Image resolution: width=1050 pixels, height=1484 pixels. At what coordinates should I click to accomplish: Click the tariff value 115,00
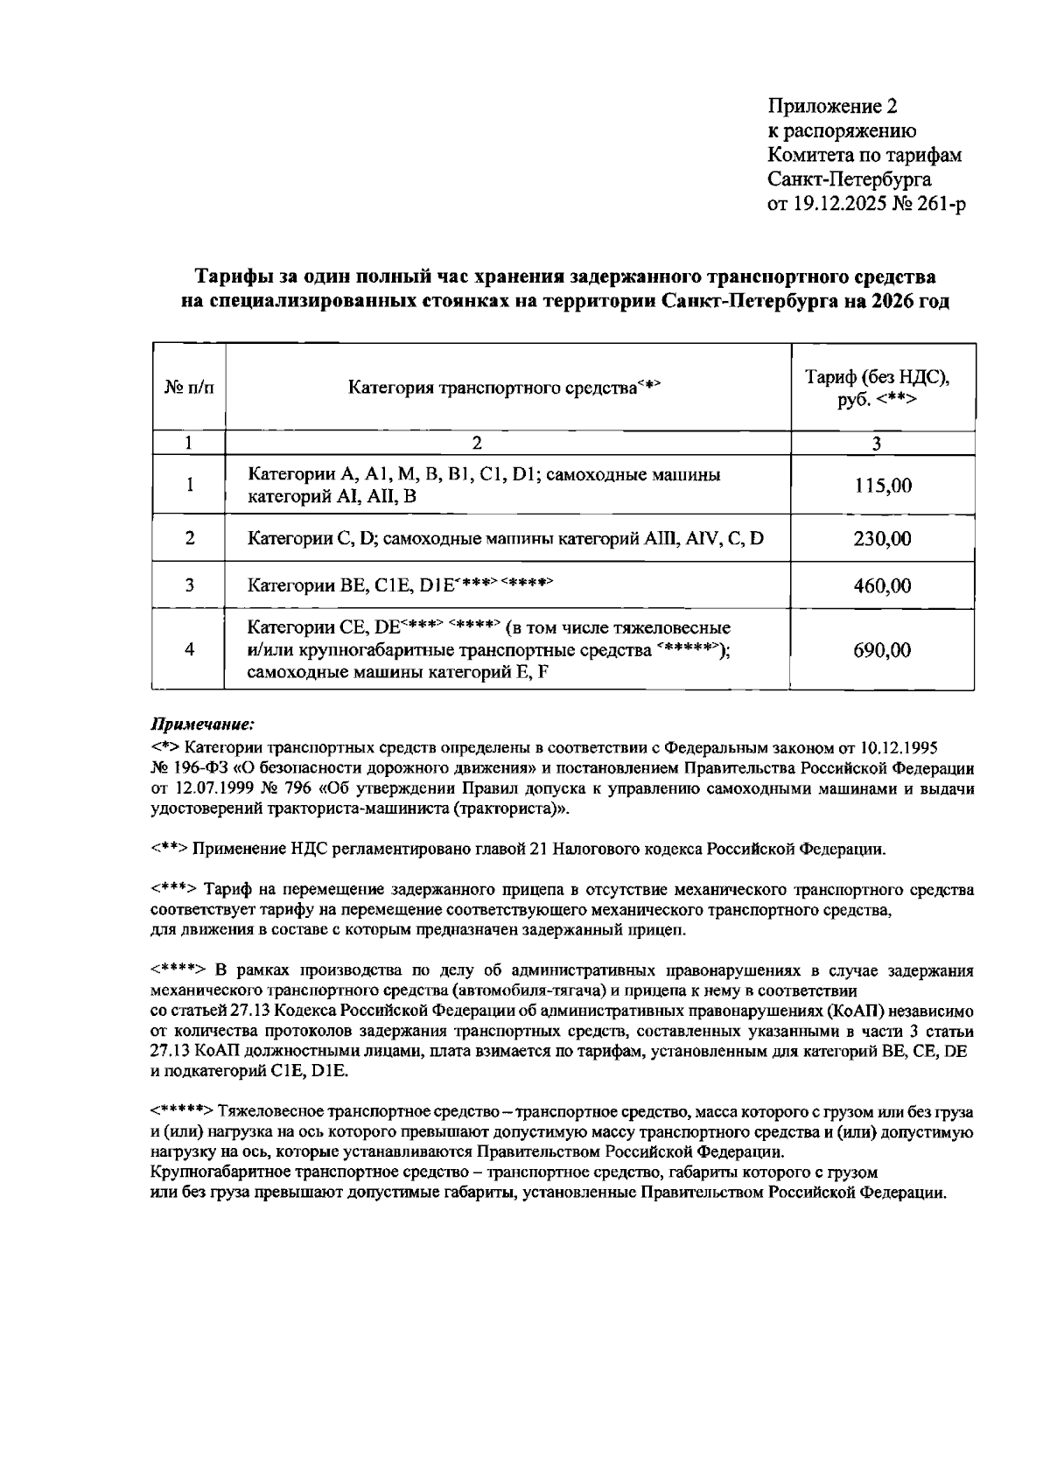882,486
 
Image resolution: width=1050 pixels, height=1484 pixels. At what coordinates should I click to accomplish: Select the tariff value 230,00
882,538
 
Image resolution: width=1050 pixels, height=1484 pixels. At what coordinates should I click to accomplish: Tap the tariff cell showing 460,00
882,585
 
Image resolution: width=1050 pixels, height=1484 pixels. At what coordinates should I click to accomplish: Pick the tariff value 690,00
882,650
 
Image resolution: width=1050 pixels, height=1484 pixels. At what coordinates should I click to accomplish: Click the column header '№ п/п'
189,387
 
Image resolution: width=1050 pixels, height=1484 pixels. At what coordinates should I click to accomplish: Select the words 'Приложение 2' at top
832,107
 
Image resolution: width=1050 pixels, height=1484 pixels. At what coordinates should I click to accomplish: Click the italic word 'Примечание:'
203,724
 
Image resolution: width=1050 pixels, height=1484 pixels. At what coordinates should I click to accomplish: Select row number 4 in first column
189,650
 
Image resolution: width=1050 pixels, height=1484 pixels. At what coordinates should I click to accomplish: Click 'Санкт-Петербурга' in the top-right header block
849,180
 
